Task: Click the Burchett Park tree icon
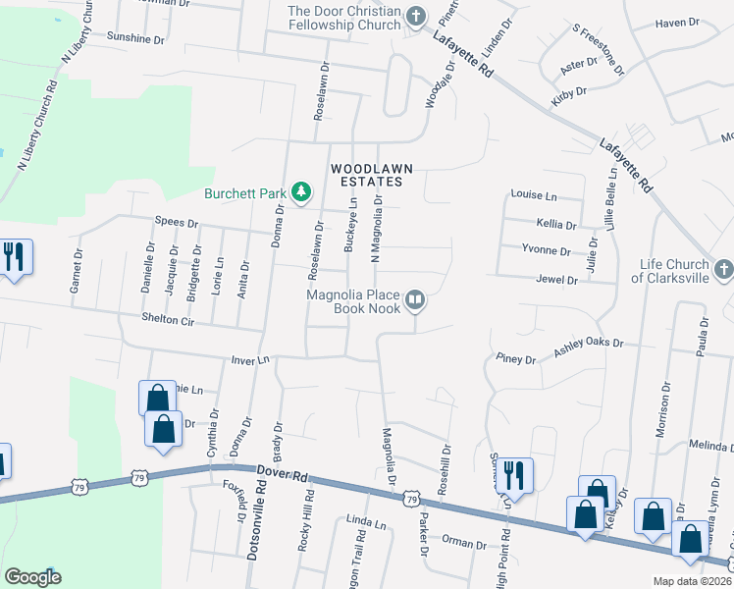tap(303, 192)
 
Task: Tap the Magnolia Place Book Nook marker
tap(415, 300)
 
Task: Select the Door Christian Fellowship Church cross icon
tap(416, 16)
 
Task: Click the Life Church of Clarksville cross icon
tap(723, 269)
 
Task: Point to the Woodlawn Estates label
tap(366, 175)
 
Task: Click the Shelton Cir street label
tap(168, 319)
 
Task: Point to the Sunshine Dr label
tap(136, 38)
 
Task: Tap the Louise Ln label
tap(534, 195)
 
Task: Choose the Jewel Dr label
tap(557, 280)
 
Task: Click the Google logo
tap(32, 577)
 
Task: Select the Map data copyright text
tap(692, 581)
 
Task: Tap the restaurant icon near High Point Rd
tap(514, 474)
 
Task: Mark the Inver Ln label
tap(250, 360)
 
